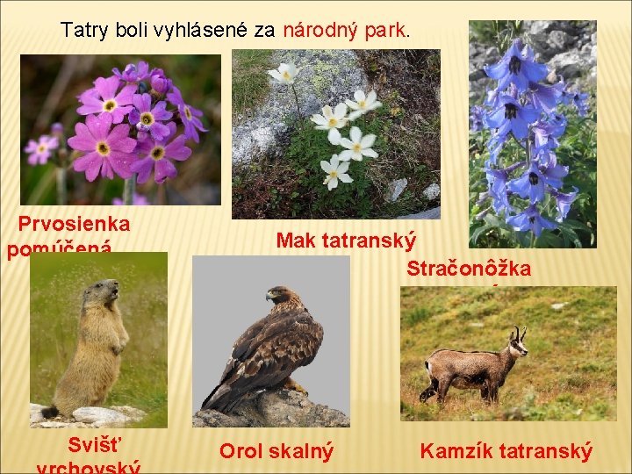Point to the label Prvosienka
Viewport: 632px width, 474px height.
pos(74,223)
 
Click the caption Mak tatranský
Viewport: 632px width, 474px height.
pos(346,240)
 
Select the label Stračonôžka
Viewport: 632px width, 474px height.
pos(468,269)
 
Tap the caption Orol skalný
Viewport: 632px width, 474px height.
pos(276,451)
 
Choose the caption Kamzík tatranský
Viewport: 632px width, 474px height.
pos(506,451)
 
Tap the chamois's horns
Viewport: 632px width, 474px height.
pos(517,334)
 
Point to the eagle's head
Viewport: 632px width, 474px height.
pos(281,297)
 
